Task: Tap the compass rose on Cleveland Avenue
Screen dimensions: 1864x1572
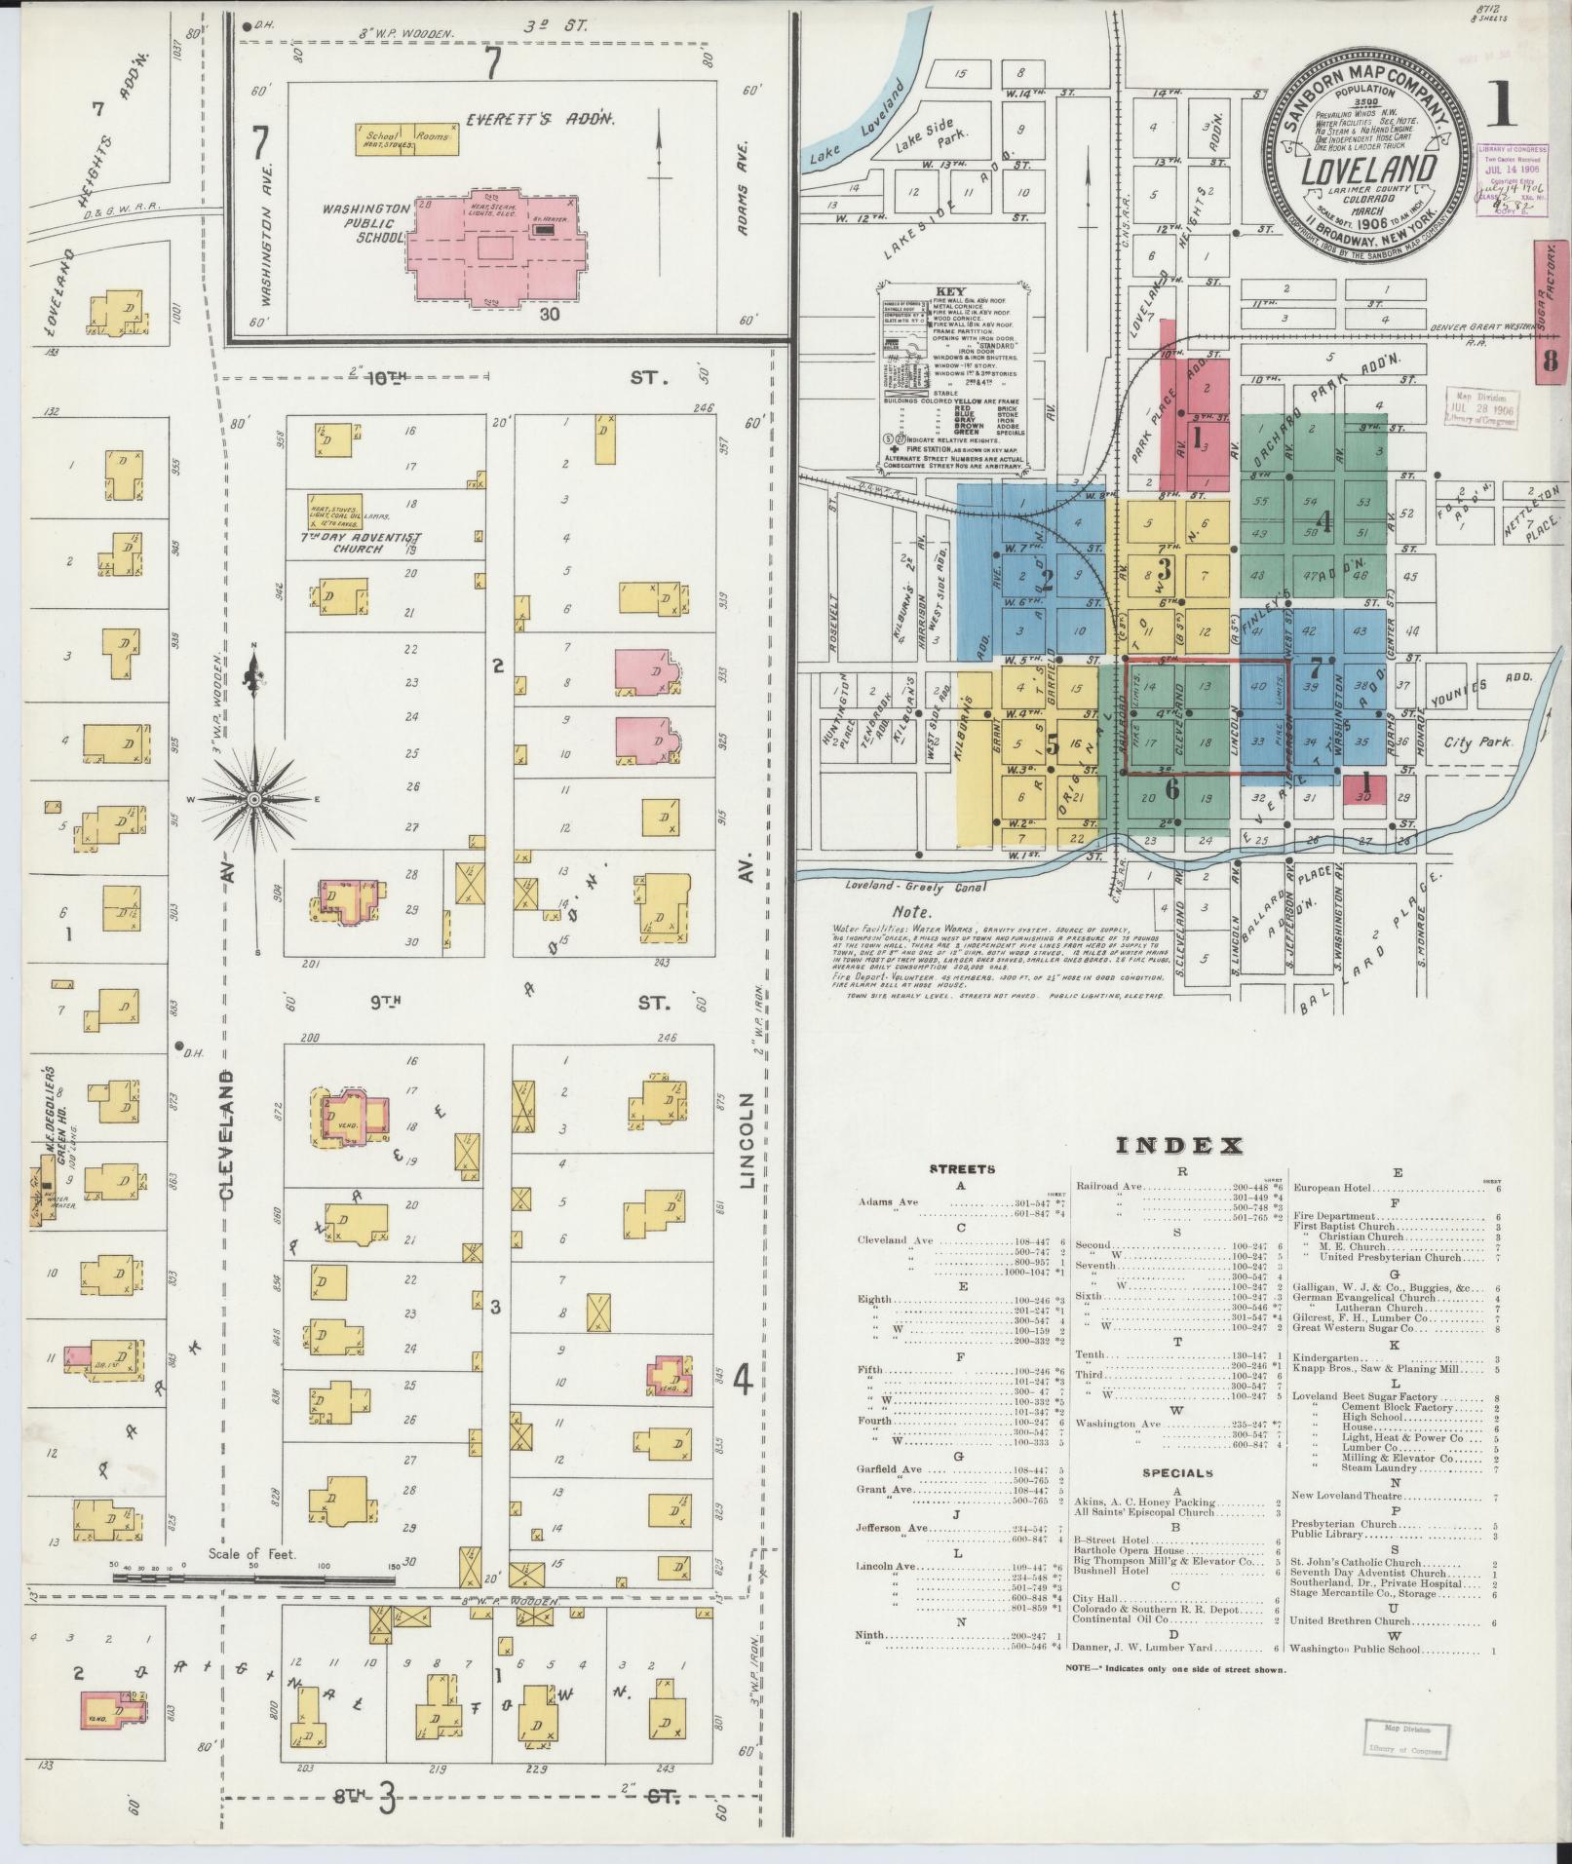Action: pyautogui.click(x=254, y=799)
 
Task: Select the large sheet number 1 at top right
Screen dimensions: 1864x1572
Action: pyautogui.click(x=1502, y=105)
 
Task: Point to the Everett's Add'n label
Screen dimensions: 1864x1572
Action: pyautogui.click(x=539, y=119)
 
